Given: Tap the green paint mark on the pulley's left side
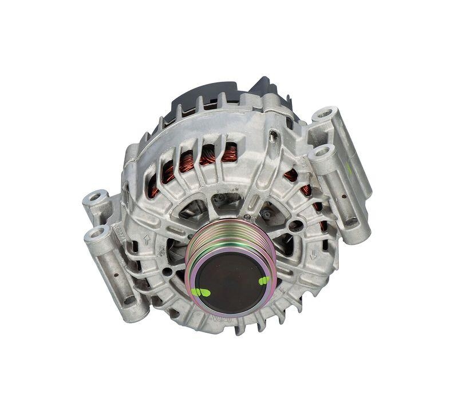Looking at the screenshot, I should [201, 292].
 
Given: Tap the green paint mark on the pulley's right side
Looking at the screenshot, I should [264, 280].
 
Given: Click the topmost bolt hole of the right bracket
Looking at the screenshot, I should [325, 113].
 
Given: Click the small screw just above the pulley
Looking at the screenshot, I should [246, 218].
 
